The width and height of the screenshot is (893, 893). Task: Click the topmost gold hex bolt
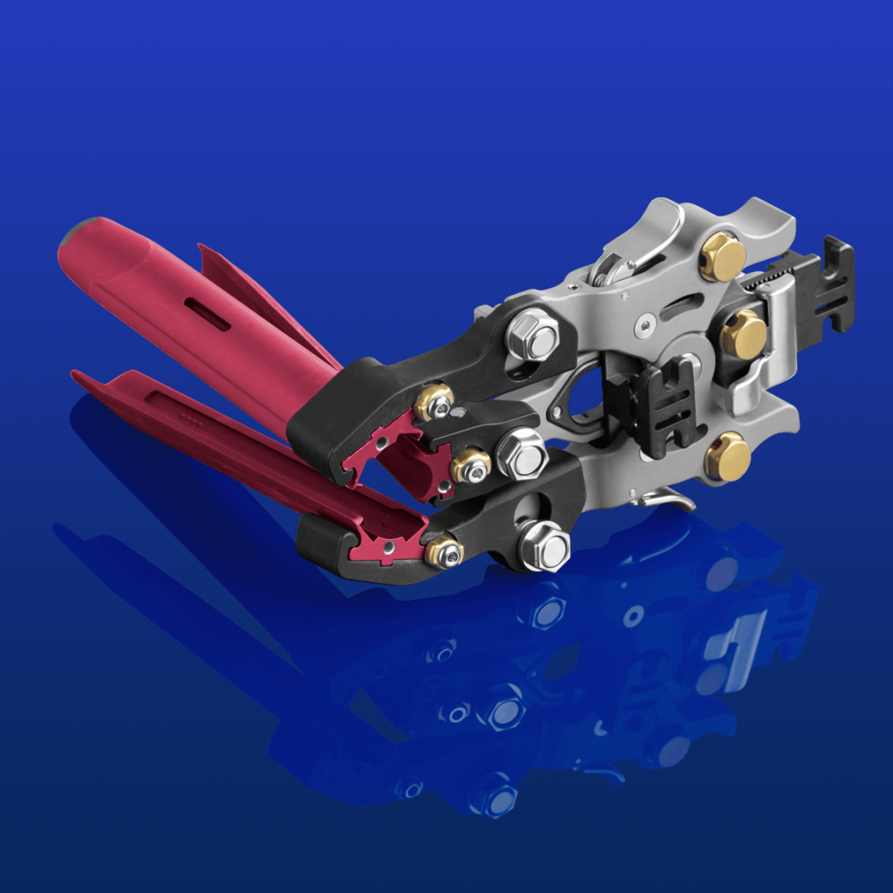(722, 256)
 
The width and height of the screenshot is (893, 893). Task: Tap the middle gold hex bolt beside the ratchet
(744, 334)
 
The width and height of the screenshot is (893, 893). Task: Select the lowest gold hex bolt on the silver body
(727, 456)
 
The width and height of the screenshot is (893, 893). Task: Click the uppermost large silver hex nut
(534, 334)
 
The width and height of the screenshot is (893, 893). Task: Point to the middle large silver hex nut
(521, 453)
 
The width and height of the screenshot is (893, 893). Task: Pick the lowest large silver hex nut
(544, 546)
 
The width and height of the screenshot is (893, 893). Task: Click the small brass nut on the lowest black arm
(443, 552)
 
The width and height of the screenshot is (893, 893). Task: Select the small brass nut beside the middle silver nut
(471, 467)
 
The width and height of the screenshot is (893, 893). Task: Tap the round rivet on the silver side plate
(644, 329)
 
